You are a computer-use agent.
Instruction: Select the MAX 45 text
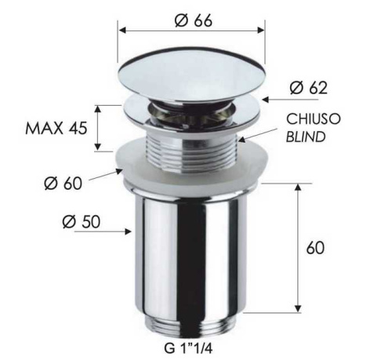tap(53, 128)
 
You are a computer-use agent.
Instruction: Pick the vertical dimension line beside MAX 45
tap(98, 127)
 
